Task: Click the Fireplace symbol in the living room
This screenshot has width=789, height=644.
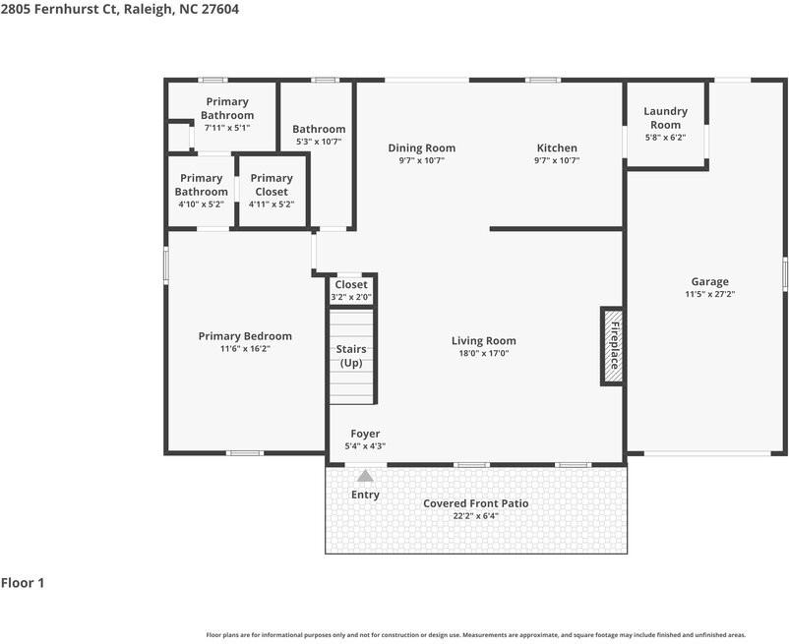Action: coord(612,345)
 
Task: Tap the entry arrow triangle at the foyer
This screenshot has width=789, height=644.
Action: coord(365,477)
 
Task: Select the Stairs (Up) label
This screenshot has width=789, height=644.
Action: coord(351,356)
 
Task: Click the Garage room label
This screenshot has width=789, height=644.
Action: coord(709,281)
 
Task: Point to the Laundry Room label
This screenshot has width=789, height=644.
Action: coord(665,118)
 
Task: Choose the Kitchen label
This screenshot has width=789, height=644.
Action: coord(556,148)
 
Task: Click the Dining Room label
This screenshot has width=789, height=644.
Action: coord(421,148)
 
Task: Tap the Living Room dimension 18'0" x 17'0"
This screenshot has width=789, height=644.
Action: coord(483,354)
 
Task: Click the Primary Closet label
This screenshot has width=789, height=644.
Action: coord(272,185)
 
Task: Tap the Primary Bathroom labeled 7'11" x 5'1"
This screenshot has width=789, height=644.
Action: coord(227,108)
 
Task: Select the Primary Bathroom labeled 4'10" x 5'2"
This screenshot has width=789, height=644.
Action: coord(201,185)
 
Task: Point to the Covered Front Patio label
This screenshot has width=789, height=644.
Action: coord(475,503)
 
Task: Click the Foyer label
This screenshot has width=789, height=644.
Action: coord(365,434)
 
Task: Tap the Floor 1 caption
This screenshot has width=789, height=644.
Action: coord(23,583)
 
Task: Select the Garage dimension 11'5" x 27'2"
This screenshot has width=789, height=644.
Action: coord(709,294)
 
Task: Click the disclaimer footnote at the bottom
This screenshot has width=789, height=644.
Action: coord(475,635)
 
